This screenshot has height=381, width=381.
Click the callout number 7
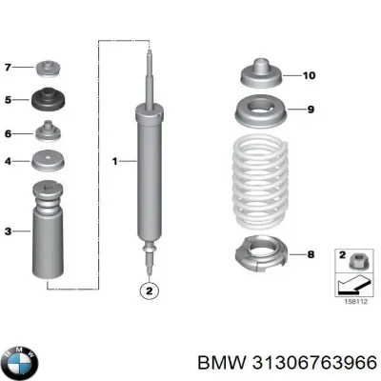coord(9,69)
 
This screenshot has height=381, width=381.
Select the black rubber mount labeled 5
coord(48,101)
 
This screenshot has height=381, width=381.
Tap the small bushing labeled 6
coord(48,133)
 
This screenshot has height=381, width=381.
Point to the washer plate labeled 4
coord(48,161)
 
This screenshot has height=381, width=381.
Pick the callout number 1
coord(116,162)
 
